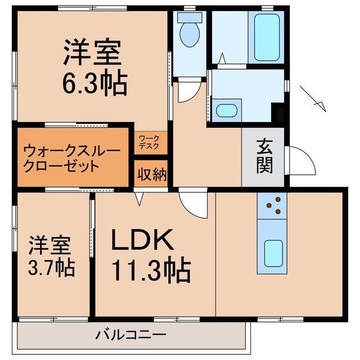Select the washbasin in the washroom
[227, 110]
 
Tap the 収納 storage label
[151, 175]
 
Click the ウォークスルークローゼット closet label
[71, 158]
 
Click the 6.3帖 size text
[94, 84]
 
